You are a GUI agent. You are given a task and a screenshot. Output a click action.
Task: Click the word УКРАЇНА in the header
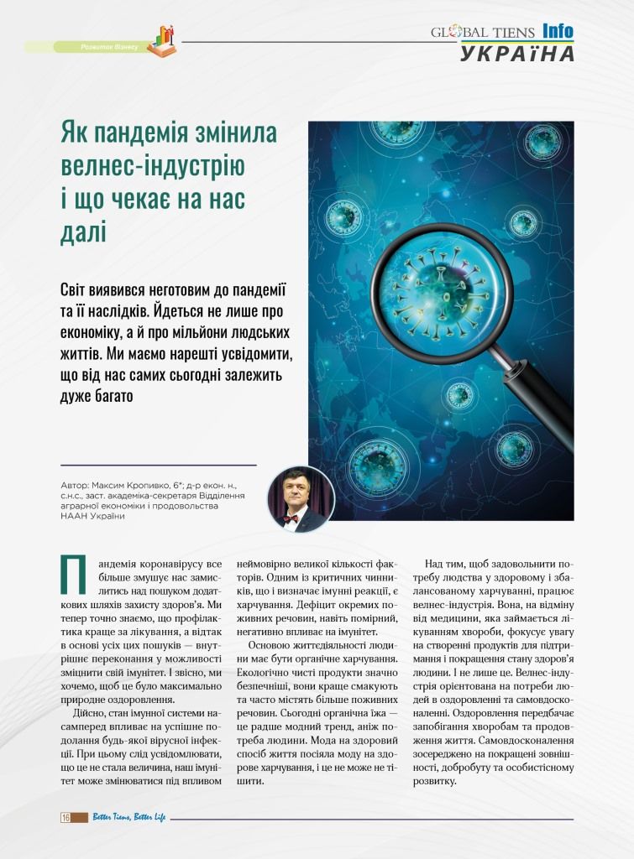[517, 53]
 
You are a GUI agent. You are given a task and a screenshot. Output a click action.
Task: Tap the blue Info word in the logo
[558, 32]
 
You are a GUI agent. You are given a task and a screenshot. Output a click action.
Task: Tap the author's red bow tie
[291, 518]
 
